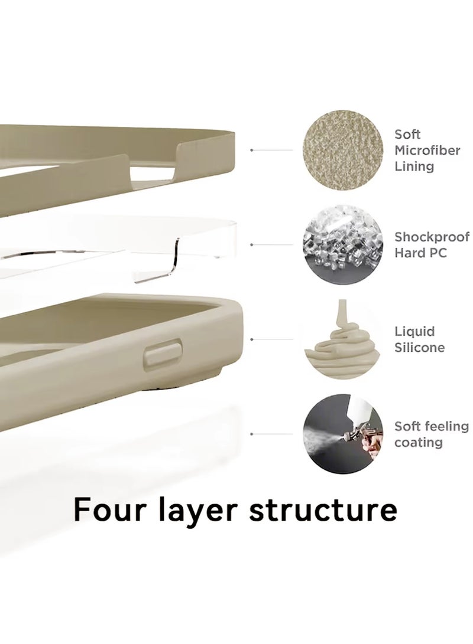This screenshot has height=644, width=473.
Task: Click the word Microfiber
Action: click(427, 151)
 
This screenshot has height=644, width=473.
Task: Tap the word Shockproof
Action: click(432, 237)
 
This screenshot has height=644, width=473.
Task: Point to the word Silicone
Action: click(419, 347)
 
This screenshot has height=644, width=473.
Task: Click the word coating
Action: click(418, 442)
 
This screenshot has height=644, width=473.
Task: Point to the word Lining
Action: click(414, 166)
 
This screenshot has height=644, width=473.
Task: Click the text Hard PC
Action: click(420, 253)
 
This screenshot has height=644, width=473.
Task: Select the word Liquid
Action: click(414, 332)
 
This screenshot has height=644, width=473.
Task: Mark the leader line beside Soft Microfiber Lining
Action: click(272, 151)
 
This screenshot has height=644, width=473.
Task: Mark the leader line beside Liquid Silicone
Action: click(272, 339)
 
